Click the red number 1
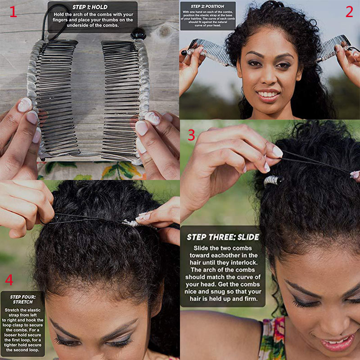13,12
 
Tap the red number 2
349,12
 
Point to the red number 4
9,279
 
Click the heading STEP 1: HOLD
90,7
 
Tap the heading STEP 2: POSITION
207,6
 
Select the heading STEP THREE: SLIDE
223,237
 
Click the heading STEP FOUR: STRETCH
23,299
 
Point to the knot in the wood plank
164,31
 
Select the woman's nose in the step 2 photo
269,77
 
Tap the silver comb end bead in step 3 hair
273,180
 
